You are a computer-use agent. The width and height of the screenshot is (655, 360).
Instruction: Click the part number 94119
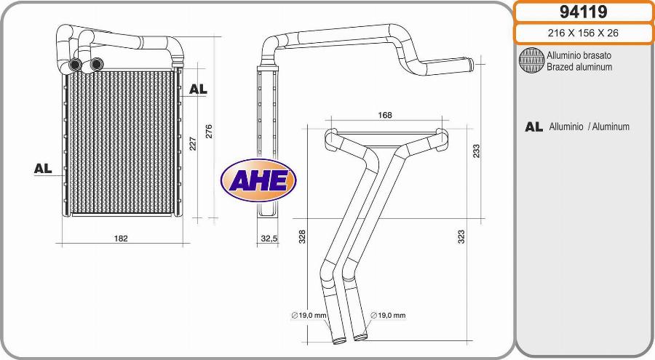click(584, 12)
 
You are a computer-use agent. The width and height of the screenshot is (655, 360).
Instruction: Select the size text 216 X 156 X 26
click(584, 33)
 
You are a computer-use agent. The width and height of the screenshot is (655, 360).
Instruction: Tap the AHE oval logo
click(258, 180)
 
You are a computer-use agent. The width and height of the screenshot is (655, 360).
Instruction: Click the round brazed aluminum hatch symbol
click(531, 61)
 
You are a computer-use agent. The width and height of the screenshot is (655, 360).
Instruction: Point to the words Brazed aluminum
click(579, 67)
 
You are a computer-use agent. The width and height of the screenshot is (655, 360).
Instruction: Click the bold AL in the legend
click(533, 127)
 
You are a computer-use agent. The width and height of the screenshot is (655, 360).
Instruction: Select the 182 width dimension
click(121, 238)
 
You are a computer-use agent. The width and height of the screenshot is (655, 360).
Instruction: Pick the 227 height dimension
click(193, 143)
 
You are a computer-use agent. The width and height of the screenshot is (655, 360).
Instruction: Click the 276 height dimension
click(209, 131)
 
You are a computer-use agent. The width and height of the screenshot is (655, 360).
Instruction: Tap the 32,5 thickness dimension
click(269, 238)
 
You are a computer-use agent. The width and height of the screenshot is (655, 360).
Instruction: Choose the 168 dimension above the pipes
click(385, 115)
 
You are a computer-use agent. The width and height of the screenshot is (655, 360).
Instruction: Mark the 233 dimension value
click(476, 151)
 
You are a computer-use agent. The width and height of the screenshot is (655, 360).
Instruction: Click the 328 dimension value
click(302, 236)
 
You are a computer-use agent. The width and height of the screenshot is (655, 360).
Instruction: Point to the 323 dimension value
click(461, 236)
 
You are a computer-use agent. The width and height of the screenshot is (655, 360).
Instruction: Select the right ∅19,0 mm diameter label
click(388, 315)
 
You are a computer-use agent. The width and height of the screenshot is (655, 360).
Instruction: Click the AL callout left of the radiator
click(43, 168)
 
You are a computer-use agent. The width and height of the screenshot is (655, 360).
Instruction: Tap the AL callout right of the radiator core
click(198, 89)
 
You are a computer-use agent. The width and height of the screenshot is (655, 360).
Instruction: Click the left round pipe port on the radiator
click(75, 65)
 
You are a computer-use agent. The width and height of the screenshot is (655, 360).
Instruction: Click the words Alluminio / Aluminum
click(589, 127)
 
